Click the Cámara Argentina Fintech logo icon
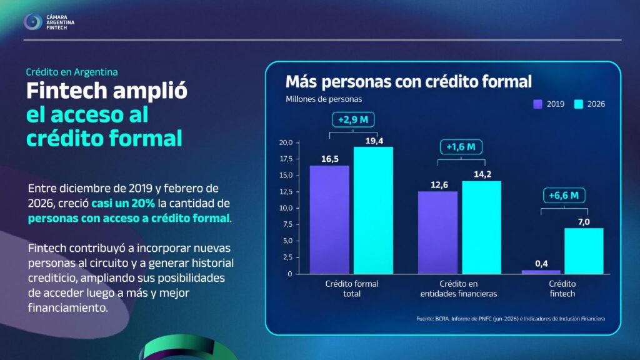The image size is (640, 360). click(32, 22)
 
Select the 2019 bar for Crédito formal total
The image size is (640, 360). click(329, 219)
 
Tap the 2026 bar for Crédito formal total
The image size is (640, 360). click(373, 210)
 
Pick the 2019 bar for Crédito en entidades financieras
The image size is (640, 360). click(437, 232)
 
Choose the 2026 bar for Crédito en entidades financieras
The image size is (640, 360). click(482, 227)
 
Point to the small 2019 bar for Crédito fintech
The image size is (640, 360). click(541, 272)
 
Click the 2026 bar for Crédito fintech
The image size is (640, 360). click(584, 251)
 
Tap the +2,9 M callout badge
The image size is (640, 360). click(353, 119)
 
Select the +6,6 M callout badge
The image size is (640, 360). click(564, 196)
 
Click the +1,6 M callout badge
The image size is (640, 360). click(461, 147)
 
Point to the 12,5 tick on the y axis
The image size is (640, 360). click(286, 191)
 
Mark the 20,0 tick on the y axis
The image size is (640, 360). click(286, 142)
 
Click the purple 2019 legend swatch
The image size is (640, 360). click(537, 104)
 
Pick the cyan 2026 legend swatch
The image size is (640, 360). click(578, 104)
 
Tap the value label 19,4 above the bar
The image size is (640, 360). click(374, 141)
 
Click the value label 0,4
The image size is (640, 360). click(541, 264)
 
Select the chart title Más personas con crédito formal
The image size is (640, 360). click(409, 82)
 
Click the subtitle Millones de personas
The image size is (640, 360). click(324, 99)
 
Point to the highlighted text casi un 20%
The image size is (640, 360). click(123, 203)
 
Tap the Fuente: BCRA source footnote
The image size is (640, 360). click(511, 319)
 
